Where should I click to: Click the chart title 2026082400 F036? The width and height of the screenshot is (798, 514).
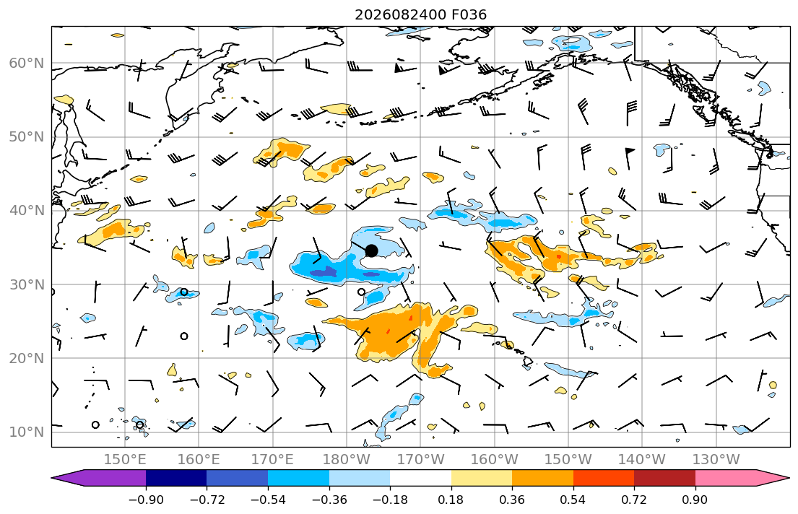[x=420, y=14]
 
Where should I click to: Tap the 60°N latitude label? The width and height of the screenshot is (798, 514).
[x=27, y=63]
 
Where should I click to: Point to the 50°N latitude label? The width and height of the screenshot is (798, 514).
[x=27, y=137]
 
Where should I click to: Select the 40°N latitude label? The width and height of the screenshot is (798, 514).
[x=27, y=211]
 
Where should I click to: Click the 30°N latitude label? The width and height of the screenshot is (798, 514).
[x=27, y=284]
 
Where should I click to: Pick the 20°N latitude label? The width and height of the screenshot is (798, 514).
[x=27, y=358]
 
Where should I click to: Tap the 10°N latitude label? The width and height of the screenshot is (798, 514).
[x=27, y=432]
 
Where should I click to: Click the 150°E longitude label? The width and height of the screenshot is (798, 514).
[x=125, y=460]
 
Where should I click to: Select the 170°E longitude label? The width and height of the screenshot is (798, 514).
[x=273, y=460]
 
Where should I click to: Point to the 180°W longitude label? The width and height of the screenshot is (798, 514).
[x=347, y=460]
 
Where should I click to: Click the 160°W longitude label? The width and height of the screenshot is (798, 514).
[x=494, y=460]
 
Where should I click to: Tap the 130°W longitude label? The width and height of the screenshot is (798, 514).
[x=716, y=460]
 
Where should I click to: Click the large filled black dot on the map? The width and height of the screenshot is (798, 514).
[x=371, y=251]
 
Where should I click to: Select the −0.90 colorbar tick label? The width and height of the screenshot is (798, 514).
[x=146, y=500]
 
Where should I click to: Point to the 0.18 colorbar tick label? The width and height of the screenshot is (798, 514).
[x=451, y=500]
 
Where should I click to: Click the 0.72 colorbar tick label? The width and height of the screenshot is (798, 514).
[x=634, y=500]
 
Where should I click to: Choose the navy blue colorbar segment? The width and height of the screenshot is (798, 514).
[x=176, y=478]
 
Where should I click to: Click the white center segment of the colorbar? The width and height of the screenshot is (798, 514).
[x=420, y=478]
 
